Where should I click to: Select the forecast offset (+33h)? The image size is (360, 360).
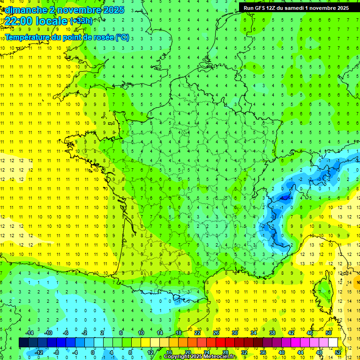[x=81, y=21]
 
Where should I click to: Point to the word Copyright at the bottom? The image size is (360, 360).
[x=179, y=357]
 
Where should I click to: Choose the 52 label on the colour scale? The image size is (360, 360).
[x=338, y=352]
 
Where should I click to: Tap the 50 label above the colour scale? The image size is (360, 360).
[x=329, y=333]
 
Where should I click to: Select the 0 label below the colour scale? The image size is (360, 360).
[x=93, y=352]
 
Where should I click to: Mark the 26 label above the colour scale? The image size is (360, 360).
[x=216, y=333]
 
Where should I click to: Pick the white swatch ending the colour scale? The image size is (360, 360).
[x=333, y=343]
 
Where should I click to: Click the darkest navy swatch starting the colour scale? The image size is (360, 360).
[x=23, y=343]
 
